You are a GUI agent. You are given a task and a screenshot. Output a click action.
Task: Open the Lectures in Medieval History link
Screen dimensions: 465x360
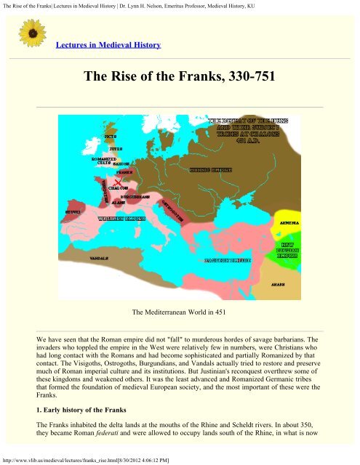[108, 45]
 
